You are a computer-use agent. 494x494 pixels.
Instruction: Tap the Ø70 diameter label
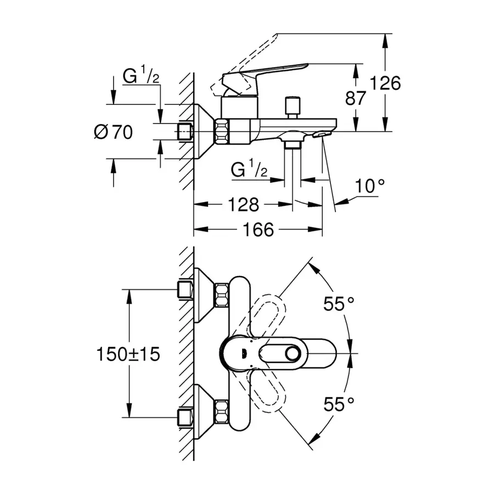point(113,132)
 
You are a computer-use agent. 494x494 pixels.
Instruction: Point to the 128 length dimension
point(243,205)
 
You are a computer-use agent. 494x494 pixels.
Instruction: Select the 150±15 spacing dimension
point(130,354)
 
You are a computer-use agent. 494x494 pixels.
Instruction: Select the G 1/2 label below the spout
point(249,171)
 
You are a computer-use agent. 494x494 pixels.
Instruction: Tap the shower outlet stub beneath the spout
point(293,144)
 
